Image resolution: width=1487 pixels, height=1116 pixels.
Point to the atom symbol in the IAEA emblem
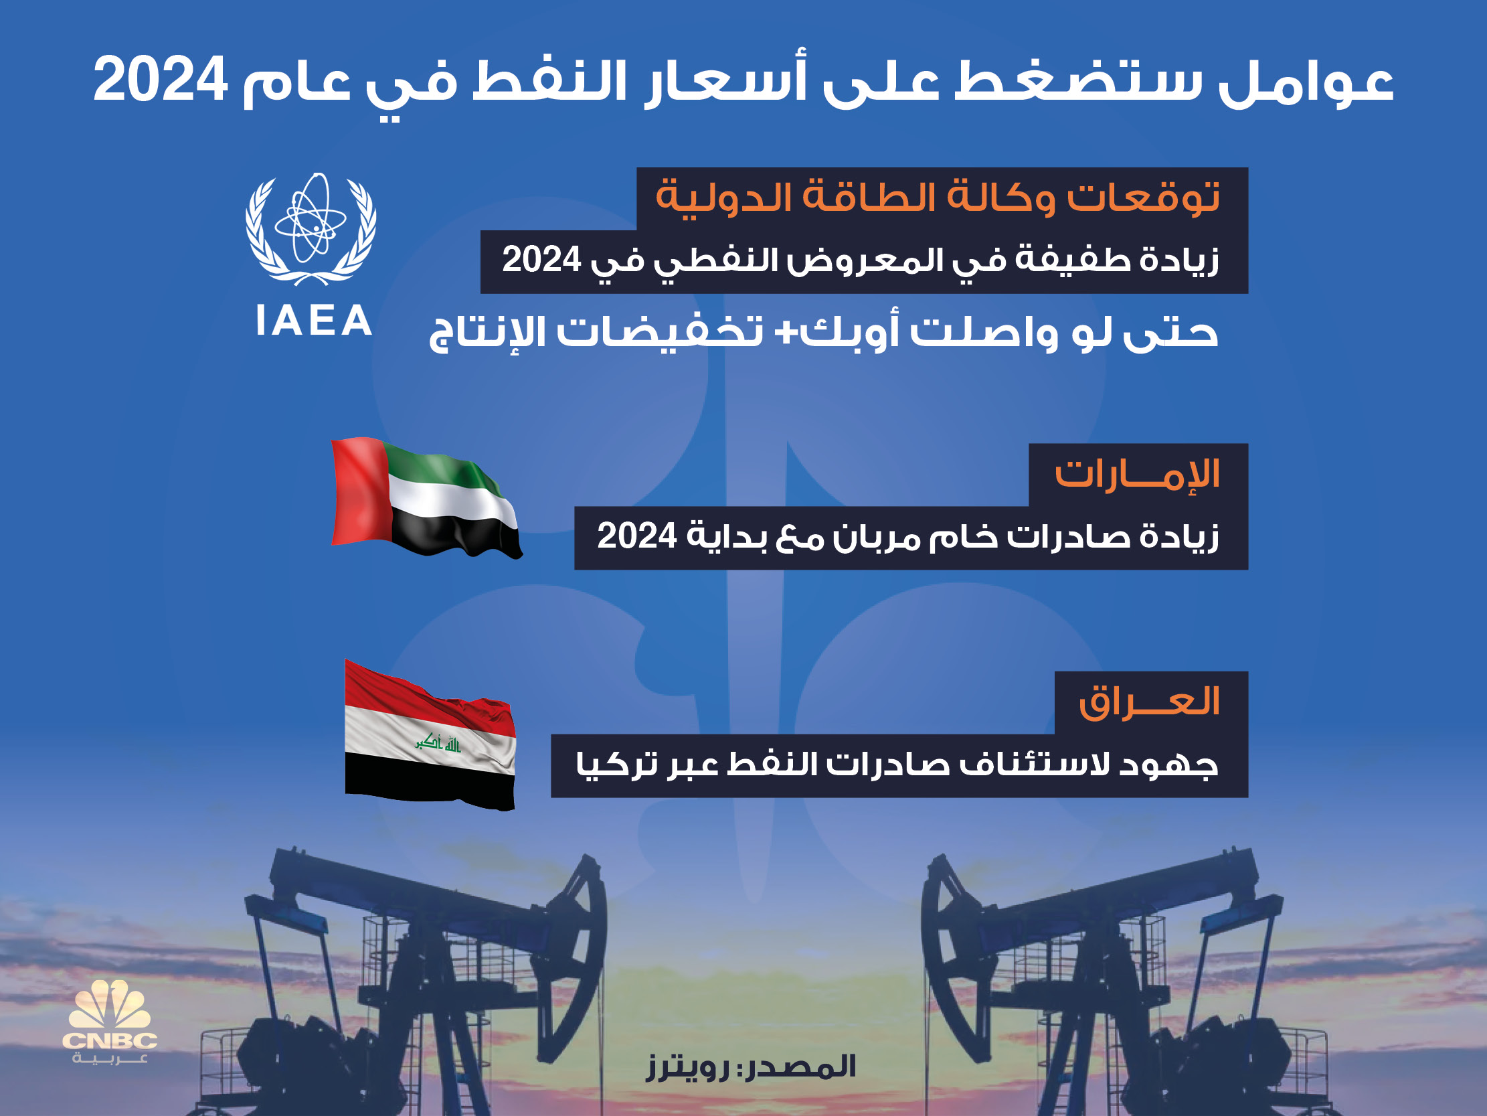[311, 218]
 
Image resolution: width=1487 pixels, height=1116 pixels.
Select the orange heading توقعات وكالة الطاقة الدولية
[938, 197]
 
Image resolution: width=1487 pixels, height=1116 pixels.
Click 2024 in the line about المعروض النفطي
[542, 260]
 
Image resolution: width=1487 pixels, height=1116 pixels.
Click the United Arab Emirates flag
[427, 497]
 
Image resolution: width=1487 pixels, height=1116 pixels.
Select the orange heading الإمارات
[1138, 474]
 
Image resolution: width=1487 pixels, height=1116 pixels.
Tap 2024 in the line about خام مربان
[636, 536]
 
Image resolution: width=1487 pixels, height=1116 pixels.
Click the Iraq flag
[430, 734]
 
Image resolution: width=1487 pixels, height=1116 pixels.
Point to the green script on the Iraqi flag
[438, 742]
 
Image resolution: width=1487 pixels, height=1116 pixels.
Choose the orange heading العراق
[1150, 702]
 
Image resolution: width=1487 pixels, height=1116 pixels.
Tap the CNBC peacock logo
[110, 1022]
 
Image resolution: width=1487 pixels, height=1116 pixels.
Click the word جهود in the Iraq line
[1169, 765]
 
